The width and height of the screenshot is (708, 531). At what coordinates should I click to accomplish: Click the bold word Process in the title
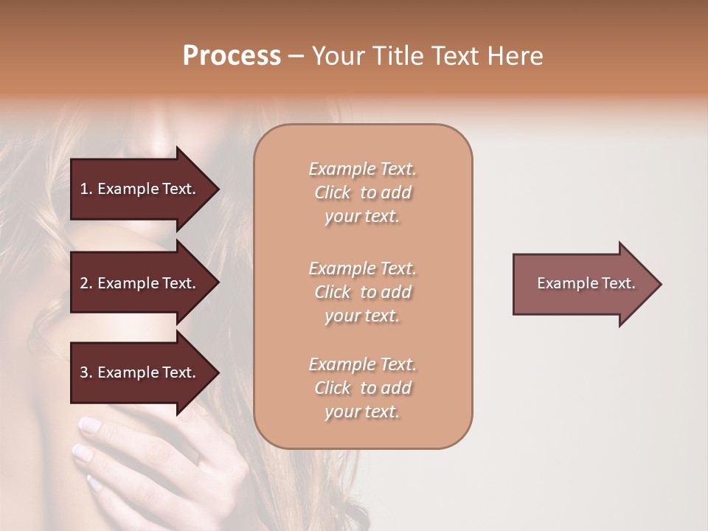tap(232, 56)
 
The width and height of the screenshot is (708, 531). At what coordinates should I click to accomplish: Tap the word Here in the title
tap(516, 56)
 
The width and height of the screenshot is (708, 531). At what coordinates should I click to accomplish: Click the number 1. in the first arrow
tap(86, 189)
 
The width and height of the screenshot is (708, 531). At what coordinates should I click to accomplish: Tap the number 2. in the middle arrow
tap(86, 283)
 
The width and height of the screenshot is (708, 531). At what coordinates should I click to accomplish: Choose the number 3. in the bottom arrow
tap(86, 372)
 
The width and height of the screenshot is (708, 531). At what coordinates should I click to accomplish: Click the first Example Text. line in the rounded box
tap(362, 169)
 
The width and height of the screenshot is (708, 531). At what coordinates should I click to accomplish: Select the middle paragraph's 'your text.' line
tap(362, 316)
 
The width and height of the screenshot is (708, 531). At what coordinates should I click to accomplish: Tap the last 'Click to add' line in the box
tap(362, 388)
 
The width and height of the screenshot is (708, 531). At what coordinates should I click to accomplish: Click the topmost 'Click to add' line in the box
tap(362, 192)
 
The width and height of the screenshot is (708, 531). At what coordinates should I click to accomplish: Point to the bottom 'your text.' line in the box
tap(362, 412)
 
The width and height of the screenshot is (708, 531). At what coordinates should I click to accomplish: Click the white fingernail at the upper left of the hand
tap(89, 424)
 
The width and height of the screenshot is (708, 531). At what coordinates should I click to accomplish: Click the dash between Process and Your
tap(296, 57)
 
